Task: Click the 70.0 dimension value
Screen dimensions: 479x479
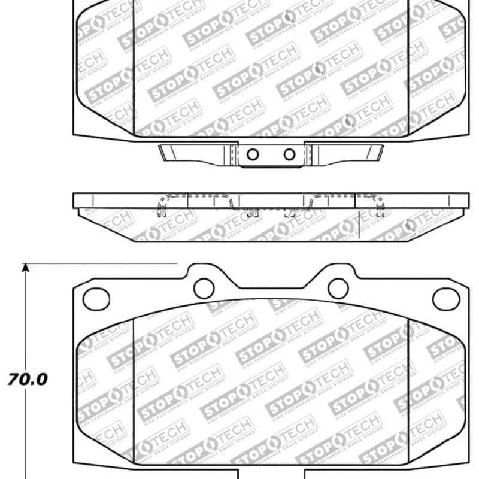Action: click(x=28, y=378)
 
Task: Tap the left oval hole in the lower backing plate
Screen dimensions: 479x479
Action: click(x=96, y=298)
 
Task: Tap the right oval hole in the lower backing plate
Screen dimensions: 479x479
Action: click(x=446, y=298)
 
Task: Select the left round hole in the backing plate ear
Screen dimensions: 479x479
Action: click(x=204, y=288)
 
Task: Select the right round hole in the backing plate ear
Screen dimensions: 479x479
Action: click(x=338, y=288)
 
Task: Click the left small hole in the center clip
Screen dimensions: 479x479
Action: click(x=253, y=154)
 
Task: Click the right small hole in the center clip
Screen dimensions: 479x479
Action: click(x=290, y=154)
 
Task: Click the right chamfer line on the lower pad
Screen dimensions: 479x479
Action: click(x=408, y=389)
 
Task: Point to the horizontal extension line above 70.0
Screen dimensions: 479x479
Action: click(x=102, y=263)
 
